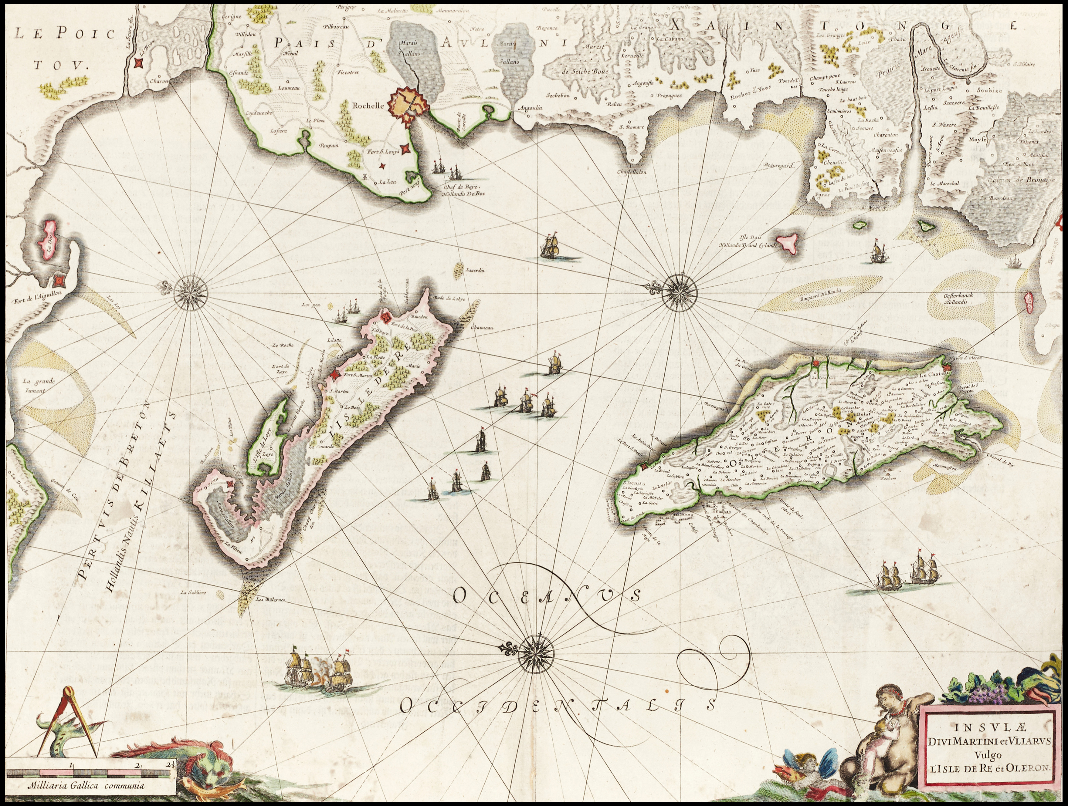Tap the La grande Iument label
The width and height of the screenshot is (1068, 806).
click(39, 385)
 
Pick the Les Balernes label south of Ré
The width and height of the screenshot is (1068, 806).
click(271, 600)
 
